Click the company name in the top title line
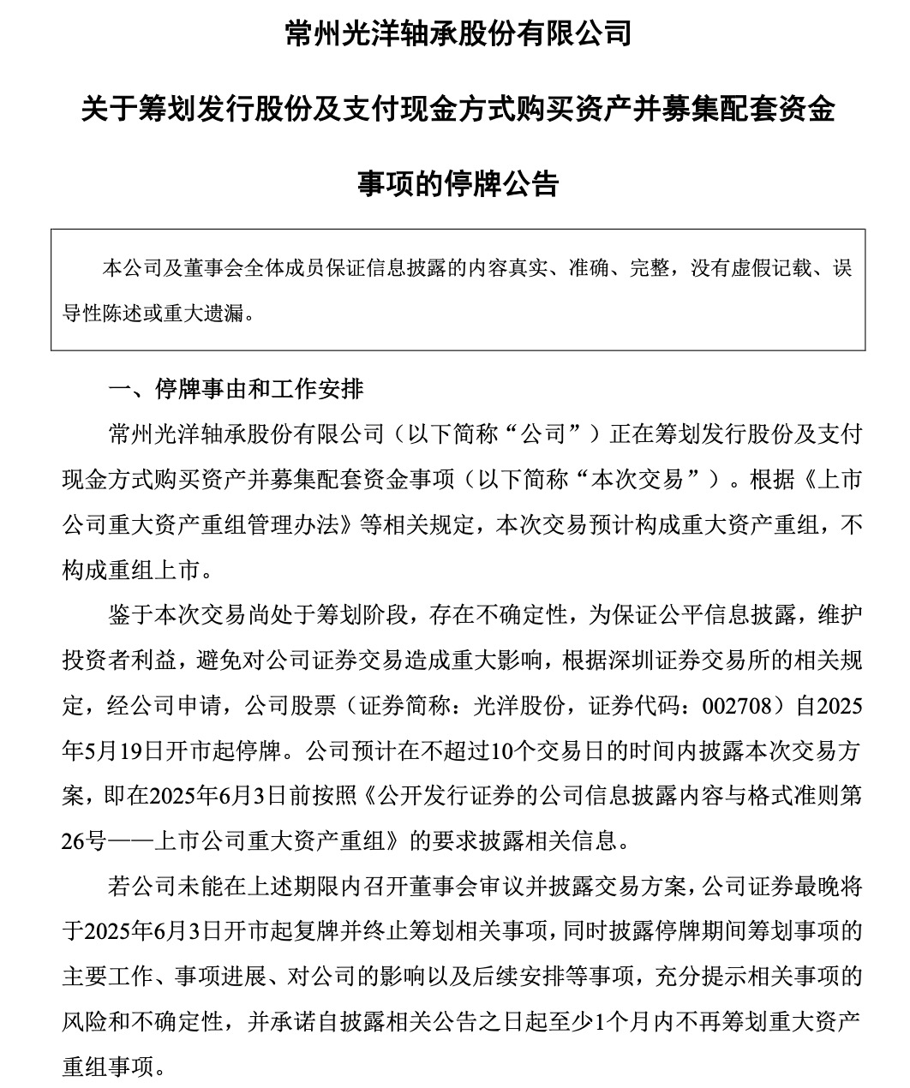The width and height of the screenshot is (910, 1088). (x=458, y=33)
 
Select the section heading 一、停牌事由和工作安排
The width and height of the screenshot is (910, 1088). (x=236, y=390)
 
